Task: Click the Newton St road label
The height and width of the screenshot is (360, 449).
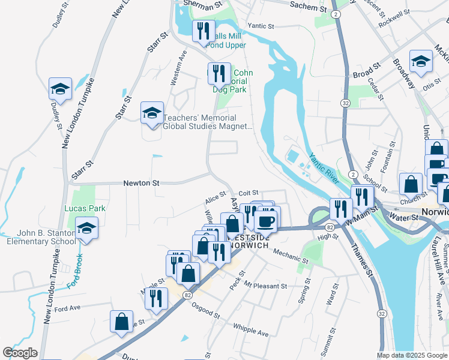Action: [142, 183]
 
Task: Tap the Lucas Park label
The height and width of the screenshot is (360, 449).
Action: [85, 208]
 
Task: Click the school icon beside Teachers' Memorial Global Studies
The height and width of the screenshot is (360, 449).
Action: [152, 113]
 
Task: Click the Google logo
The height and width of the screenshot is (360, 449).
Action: [20, 353]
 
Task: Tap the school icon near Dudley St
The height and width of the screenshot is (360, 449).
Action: [60, 89]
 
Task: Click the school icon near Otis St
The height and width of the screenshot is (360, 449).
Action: [421, 61]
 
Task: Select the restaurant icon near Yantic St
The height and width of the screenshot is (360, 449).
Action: [203, 31]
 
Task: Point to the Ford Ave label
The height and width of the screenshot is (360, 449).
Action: [67, 308]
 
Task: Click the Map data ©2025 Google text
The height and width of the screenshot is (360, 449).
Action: [411, 355]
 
